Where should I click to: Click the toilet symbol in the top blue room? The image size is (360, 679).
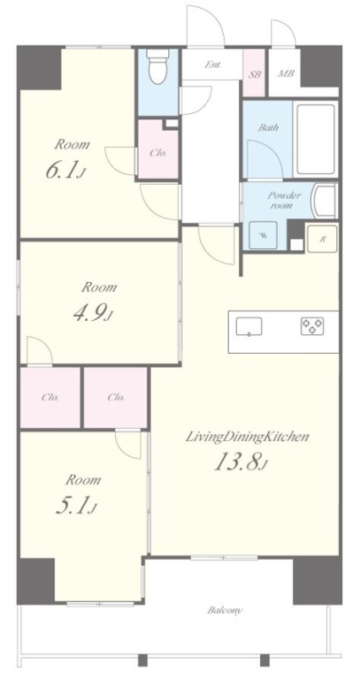157,66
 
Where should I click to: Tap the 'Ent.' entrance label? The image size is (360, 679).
212,65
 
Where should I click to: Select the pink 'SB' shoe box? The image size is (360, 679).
254,74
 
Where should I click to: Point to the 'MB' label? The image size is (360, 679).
286,73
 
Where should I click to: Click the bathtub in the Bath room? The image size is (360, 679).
316,139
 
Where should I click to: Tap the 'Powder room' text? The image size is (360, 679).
284,200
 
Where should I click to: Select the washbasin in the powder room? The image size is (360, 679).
326,201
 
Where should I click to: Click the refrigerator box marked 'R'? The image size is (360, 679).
322,239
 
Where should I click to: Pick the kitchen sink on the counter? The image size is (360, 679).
249,326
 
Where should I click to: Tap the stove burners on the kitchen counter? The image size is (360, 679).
312,326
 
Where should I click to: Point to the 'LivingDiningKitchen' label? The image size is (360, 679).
248,436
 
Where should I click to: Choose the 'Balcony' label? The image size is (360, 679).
225,611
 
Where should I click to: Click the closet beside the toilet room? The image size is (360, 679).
157,149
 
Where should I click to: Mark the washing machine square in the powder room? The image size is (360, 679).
263,235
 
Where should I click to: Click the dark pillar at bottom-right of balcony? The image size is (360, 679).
318,581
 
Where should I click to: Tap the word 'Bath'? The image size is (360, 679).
269,127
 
